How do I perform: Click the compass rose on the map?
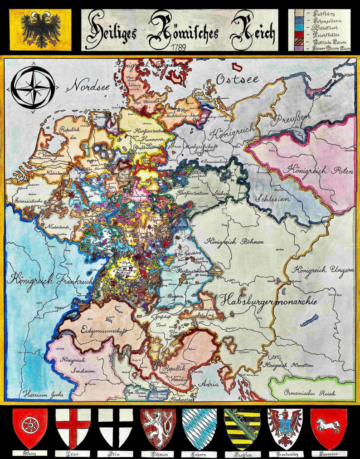(x=33, y=88)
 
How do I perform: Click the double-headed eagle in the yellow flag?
(x=40, y=29)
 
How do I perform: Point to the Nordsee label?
(x=89, y=85)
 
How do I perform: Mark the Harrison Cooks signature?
(x=44, y=394)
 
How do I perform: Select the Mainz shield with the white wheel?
(x=29, y=427)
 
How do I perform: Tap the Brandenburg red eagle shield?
(x=285, y=427)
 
